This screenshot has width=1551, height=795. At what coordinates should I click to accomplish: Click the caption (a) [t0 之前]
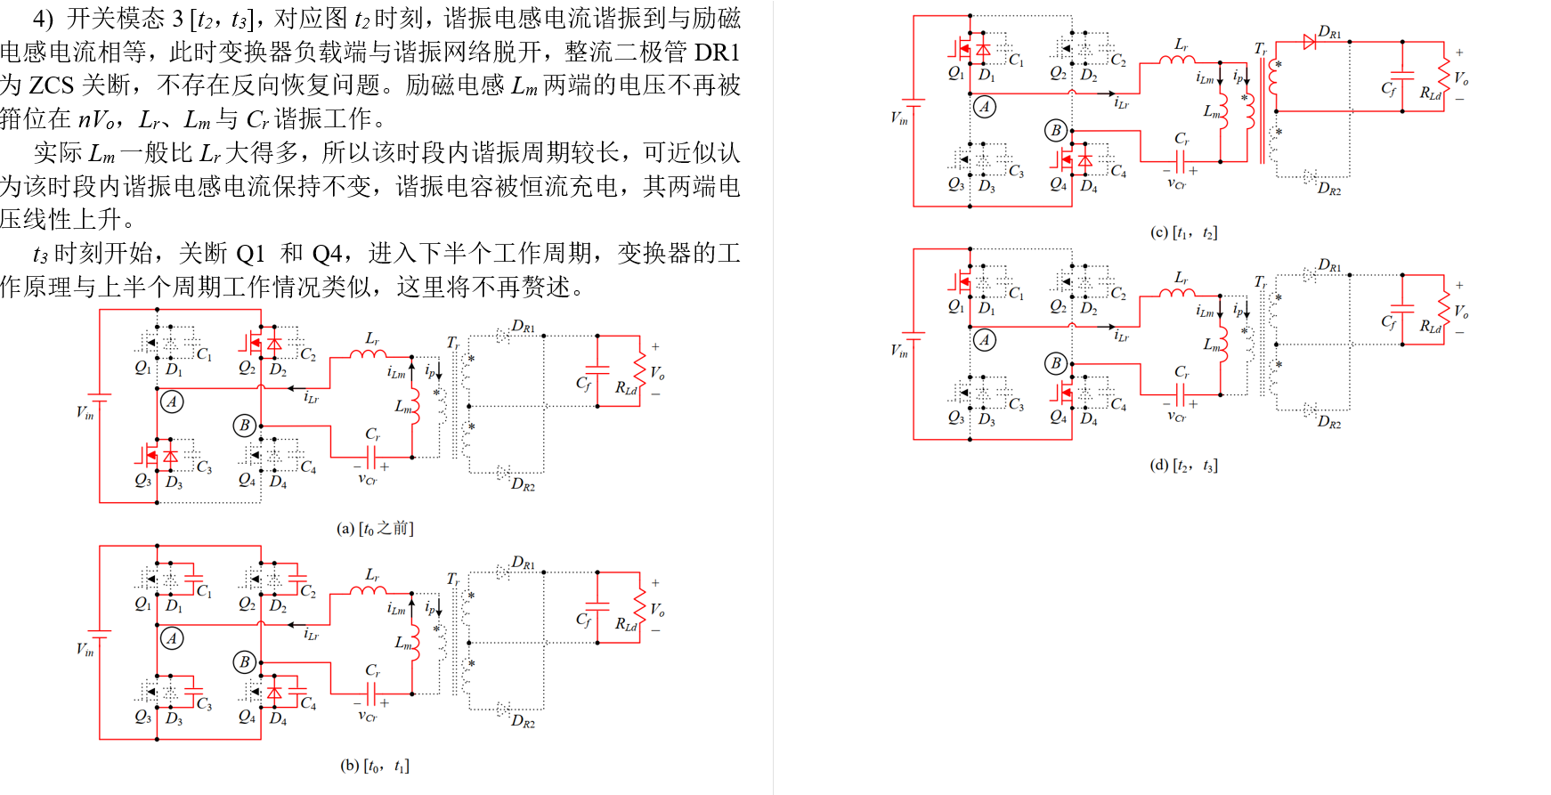tap(375, 529)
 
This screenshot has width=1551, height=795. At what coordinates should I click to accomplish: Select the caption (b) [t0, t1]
tap(375, 766)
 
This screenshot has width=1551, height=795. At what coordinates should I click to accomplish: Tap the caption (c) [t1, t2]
tap(1183, 233)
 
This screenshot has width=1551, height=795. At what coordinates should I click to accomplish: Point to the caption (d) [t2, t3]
tap(1183, 466)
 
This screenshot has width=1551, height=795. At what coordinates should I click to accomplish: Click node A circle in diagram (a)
tap(172, 402)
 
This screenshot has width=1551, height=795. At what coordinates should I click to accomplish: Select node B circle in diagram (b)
tap(245, 661)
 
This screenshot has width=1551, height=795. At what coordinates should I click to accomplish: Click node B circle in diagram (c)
tap(1056, 131)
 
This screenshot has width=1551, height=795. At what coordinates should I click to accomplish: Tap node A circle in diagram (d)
tap(984, 339)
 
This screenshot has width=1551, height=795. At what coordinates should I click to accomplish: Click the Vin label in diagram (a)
tap(85, 412)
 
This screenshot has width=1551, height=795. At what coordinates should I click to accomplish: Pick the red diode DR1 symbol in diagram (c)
tap(1310, 41)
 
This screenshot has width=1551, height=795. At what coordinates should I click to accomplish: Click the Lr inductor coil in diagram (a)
tap(368, 354)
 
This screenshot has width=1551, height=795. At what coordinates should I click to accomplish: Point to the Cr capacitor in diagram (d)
tap(1181, 393)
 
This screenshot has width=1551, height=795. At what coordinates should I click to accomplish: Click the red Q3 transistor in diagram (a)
tap(147, 456)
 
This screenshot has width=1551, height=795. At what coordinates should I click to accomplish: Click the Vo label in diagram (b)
tap(657, 610)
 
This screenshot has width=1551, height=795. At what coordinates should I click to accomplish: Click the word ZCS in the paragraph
tap(51, 85)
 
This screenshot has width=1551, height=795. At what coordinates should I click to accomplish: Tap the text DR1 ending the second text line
tap(717, 53)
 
